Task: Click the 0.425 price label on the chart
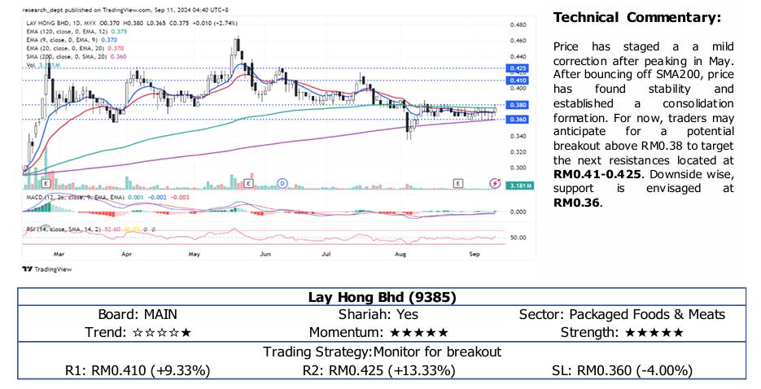[516, 68]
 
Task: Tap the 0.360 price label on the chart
[516, 120]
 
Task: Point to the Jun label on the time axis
[265, 254]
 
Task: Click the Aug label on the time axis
[400, 254]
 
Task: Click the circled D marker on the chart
[282, 184]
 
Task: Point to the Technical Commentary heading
[636, 18]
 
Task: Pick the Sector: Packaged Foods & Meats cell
[622, 314]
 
